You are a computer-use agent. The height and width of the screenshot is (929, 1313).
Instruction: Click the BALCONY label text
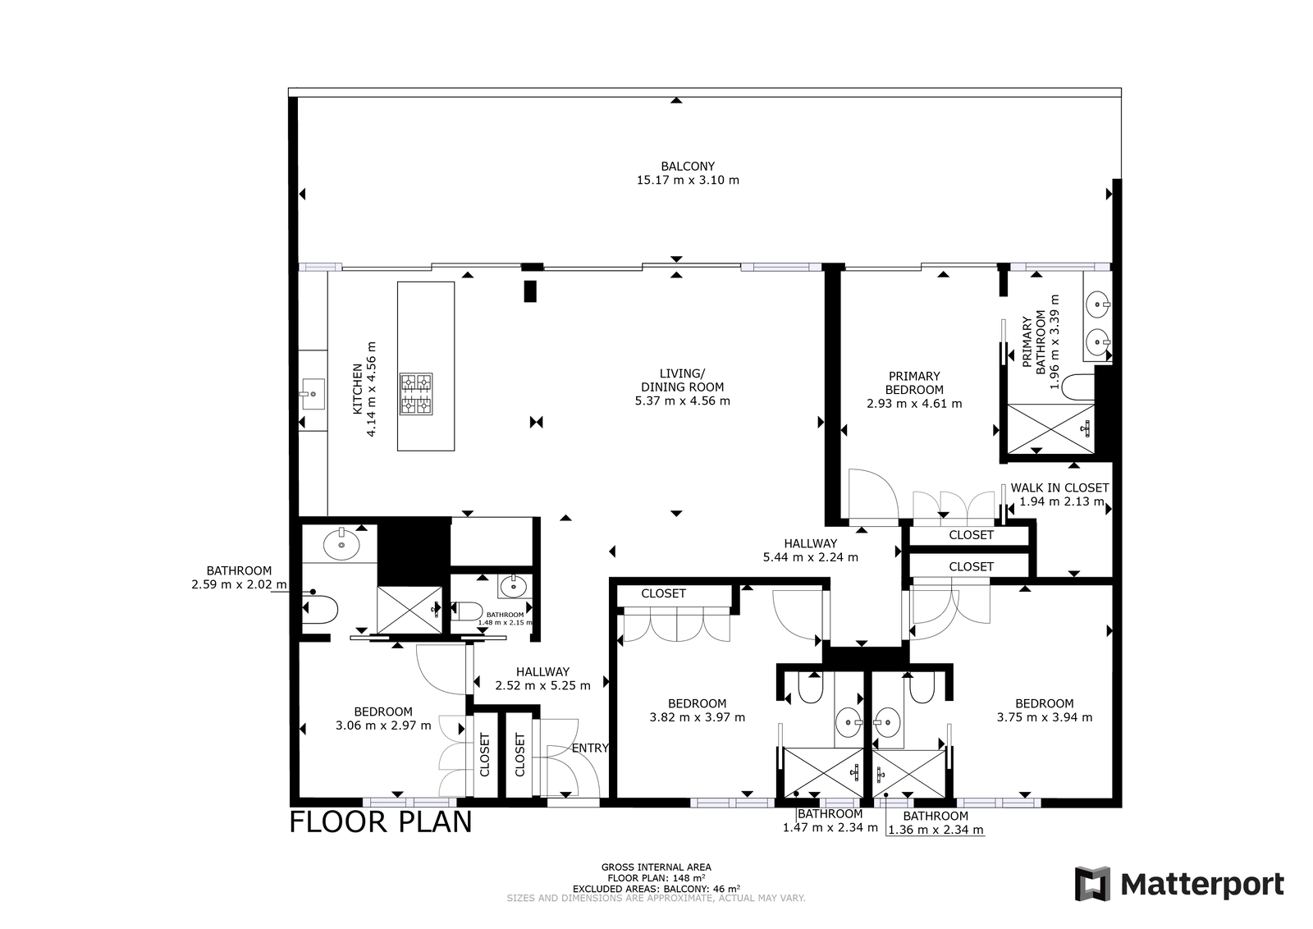tap(688, 167)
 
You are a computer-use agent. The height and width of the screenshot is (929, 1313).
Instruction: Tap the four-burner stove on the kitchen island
tap(416, 394)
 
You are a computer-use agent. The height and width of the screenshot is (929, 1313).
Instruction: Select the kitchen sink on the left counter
tap(313, 394)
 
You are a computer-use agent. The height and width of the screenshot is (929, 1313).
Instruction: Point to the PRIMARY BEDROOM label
tap(914, 382)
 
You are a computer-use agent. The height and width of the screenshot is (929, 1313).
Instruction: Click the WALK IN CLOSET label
tap(1059, 487)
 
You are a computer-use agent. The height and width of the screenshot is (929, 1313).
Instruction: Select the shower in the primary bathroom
tap(1051, 428)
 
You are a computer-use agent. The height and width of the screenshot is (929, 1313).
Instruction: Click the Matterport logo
tap(1178, 883)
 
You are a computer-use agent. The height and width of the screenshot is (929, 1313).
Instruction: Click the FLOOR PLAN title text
tap(381, 821)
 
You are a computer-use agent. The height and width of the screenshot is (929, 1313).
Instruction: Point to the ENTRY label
tap(590, 748)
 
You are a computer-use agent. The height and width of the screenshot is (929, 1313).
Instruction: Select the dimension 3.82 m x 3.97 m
tap(698, 716)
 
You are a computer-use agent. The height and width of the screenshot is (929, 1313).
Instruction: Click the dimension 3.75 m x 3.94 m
tap(1045, 716)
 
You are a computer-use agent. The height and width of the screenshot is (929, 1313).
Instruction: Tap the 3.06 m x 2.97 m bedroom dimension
tap(383, 725)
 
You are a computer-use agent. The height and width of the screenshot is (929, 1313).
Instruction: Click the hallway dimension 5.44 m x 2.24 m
tap(811, 556)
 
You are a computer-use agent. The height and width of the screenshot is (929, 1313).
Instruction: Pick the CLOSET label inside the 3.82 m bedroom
tap(664, 593)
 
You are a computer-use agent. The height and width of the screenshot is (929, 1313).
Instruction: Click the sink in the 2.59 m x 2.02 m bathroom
tap(341, 543)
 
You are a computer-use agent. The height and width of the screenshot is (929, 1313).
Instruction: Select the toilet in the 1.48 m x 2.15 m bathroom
tap(467, 611)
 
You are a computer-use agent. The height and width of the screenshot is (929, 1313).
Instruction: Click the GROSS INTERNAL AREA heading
tap(656, 867)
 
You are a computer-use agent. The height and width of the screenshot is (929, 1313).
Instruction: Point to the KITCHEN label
tap(358, 389)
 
